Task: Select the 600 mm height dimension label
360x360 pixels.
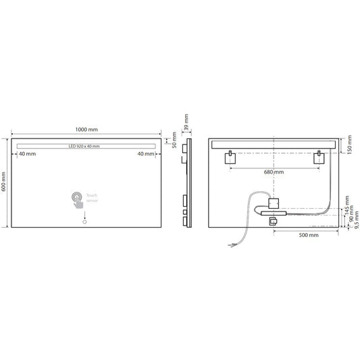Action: [5, 182]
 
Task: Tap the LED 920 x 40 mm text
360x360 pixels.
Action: [84, 147]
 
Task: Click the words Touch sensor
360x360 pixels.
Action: [92, 198]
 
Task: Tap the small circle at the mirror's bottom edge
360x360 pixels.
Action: [84, 222]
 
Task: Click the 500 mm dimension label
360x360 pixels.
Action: [308, 235]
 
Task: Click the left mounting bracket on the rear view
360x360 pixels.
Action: [230, 159]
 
